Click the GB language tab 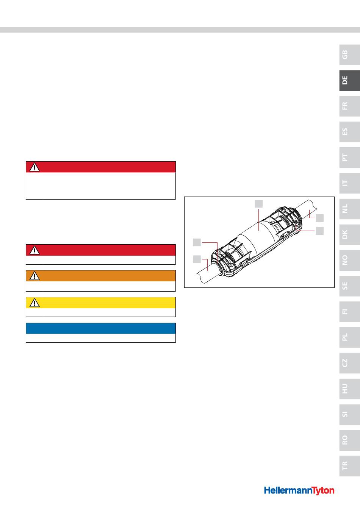(x=349, y=55)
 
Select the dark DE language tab (x=349, y=80)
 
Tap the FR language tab (x=349, y=106)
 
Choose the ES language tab (x=349, y=132)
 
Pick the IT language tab (x=349, y=183)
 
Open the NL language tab (x=349, y=209)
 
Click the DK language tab (x=349, y=234)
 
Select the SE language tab (x=349, y=286)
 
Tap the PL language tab (x=349, y=337)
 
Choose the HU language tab (x=349, y=389)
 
